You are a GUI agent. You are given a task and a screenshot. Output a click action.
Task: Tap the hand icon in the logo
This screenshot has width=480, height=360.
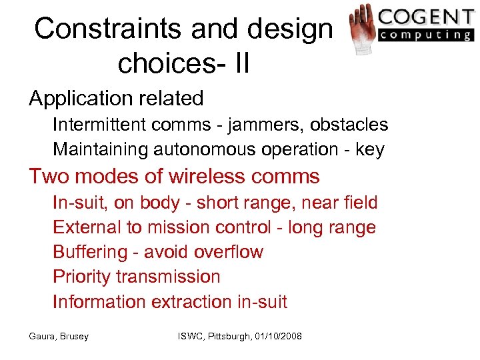pos(361,28)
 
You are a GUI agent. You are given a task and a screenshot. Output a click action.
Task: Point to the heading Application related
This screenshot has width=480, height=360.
pos(116,99)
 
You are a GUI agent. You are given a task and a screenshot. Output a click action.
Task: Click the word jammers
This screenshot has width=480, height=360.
pos(256,125)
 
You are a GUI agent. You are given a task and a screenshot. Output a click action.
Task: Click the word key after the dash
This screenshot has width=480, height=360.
pos(370,149)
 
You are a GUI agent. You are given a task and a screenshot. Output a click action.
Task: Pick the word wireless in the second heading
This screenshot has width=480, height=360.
pos(206,177)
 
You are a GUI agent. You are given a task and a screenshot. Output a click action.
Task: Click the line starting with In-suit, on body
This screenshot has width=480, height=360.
pos(215,203)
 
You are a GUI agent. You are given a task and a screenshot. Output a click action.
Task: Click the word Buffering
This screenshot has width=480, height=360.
pos(90,252)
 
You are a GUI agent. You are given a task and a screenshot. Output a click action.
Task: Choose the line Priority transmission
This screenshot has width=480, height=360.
pos(136,277)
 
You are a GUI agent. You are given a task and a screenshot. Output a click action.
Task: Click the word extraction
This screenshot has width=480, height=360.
pos(192,301)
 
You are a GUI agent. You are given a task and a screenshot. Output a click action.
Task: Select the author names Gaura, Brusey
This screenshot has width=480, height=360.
pos(59,336)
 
